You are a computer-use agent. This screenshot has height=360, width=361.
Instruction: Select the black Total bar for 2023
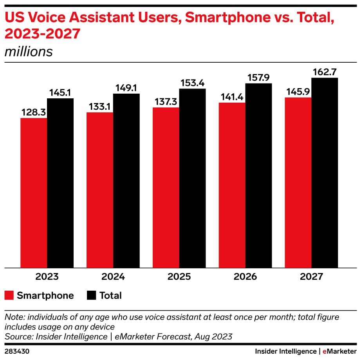60,183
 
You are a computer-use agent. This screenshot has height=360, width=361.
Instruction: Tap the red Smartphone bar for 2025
166,187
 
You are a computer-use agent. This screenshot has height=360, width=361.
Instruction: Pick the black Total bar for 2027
325,173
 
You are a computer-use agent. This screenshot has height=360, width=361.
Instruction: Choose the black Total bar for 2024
126,181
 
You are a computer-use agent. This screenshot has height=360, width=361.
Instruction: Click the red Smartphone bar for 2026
232,185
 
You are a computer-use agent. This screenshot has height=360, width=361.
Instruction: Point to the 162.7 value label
325,72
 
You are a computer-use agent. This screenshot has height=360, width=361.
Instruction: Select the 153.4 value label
192,83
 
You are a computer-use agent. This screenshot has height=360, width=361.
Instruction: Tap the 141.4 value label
232,97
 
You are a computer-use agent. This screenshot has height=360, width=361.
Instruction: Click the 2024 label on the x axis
113,277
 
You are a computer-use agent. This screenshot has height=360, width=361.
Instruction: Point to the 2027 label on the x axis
311,277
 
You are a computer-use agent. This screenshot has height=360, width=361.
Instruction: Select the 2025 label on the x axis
179,277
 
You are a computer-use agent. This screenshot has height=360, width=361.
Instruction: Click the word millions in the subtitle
29,51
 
